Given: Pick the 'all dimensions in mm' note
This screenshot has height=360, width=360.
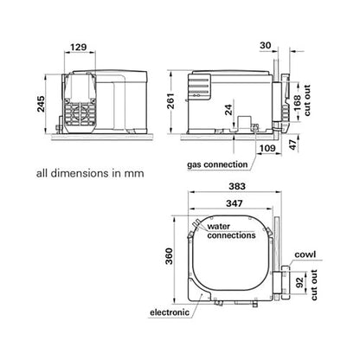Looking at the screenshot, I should pos(89,172).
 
